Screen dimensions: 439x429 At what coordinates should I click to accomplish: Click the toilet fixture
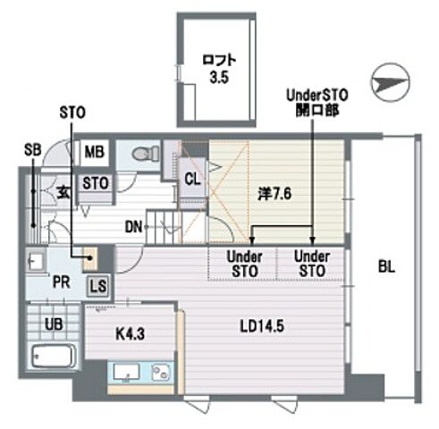[147, 154]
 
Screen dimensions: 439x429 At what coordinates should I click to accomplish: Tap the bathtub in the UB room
[53, 357]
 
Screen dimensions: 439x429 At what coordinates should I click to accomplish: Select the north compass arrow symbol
[390, 82]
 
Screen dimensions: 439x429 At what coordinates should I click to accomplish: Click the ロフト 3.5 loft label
[219, 69]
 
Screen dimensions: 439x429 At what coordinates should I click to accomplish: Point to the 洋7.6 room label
[274, 194]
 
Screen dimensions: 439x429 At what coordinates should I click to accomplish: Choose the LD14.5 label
[262, 326]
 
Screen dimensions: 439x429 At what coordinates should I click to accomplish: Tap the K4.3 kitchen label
[131, 334]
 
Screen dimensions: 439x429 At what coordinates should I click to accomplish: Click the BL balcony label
[386, 266]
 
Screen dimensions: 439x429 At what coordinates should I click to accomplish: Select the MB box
[95, 152]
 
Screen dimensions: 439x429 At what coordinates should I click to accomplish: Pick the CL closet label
[192, 180]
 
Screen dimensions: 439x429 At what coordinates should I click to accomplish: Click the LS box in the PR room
[98, 286]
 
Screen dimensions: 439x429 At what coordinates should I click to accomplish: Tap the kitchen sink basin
[127, 372]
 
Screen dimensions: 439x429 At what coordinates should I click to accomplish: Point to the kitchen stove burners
[161, 372]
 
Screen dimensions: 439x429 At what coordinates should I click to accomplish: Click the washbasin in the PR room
[36, 261]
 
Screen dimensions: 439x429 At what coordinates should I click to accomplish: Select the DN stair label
[133, 228]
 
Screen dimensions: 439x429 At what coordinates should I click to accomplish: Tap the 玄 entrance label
[63, 192]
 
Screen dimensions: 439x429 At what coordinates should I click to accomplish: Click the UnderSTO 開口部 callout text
[317, 103]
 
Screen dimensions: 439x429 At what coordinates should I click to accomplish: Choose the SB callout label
[33, 150]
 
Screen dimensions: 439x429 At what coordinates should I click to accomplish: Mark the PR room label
[62, 282]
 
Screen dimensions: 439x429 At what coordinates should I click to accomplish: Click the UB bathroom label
[54, 324]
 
